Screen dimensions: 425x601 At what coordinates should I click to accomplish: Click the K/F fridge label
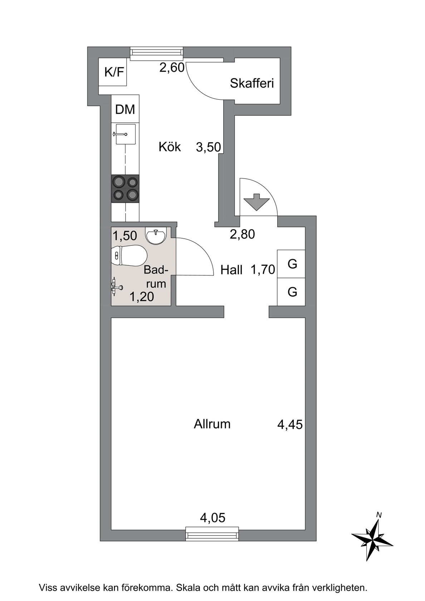coord(114,72)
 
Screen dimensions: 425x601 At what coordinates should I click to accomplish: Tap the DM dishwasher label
coord(125,109)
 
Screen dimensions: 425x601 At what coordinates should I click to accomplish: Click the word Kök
coord(170,147)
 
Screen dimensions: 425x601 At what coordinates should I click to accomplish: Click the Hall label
coord(231,270)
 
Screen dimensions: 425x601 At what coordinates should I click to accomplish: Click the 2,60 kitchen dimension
coord(172,67)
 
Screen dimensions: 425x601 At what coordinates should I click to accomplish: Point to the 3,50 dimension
coord(209,147)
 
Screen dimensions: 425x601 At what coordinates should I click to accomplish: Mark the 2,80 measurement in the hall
coord(242,234)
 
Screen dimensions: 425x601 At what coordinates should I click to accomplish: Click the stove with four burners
coord(125,188)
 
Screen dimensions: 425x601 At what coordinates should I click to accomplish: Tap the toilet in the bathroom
coord(130,255)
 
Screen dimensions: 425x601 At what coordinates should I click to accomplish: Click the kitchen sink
coord(125,134)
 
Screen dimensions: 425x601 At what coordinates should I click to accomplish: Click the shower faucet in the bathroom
coord(117,287)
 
